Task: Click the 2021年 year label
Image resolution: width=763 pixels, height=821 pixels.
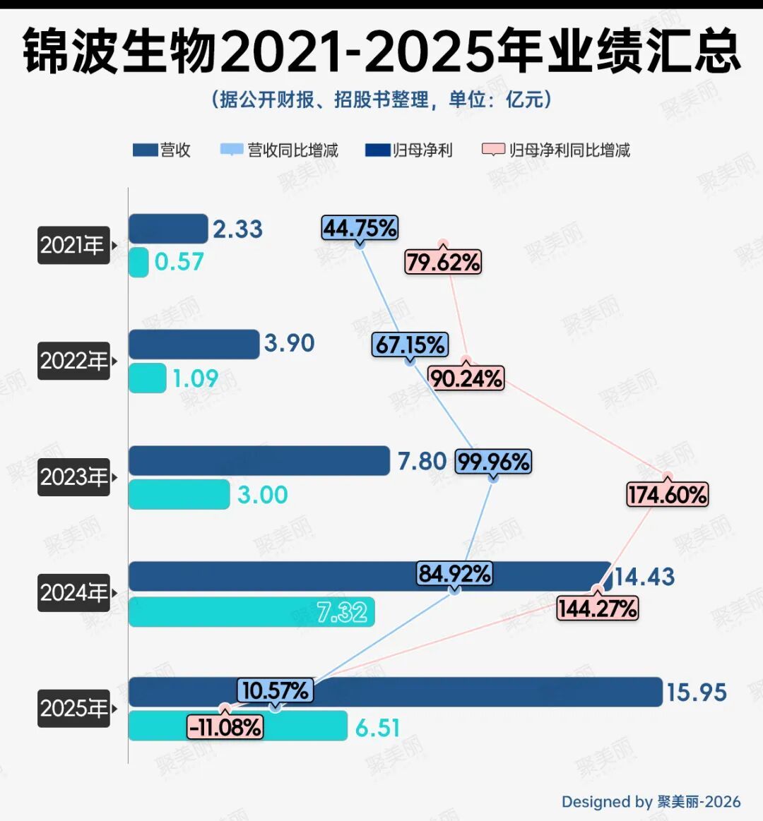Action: pyautogui.click(x=73, y=246)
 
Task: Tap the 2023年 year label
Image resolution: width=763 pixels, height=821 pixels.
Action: pyautogui.click(x=73, y=477)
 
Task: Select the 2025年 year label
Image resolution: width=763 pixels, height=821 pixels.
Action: pyautogui.click(x=73, y=708)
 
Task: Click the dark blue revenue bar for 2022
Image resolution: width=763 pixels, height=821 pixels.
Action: pyautogui.click(x=194, y=344)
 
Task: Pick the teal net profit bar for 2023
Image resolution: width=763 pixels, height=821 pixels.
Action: pyautogui.click(x=179, y=494)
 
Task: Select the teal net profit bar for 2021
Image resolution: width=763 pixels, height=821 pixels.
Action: pyautogui.click(x=138, y=262)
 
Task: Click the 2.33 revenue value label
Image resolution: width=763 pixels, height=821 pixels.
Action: pyautogui.click(x=237, y=229)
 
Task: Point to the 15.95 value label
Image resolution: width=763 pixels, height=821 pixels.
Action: pyautogui.click(x=697, y=693)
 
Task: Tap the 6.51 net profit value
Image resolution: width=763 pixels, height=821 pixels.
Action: pyautogui.click(x=377, y=727)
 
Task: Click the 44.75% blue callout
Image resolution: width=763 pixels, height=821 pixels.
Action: pyautogui.click(x=360, y=228)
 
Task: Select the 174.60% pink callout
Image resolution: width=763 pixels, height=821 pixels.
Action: pyautogui.click(x=667, y=494)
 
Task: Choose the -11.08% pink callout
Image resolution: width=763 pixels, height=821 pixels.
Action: pyautogui.click(x=225, y=726)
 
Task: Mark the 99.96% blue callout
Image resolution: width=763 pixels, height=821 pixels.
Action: pyautogui.click(x=493, y=462)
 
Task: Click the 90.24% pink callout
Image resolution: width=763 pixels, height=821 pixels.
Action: pyautogui.click(x=466, y=378)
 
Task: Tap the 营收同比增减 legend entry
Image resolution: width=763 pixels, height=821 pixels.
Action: pyautogui.click(x=280, y=150)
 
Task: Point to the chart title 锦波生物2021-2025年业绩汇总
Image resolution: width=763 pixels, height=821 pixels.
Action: pyautogui.click(x=381, y=52)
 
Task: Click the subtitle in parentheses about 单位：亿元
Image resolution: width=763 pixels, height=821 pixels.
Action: pyautogui.click(x=381, y=100)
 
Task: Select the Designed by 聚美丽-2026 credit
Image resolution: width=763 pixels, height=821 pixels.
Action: pyautogui.click(x=651, y=802)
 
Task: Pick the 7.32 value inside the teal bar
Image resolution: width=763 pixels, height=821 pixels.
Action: pyautogui.click(x=342, y=611)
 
